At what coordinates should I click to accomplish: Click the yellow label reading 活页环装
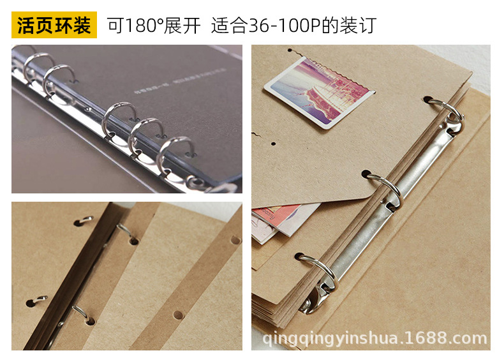(x=54, y=26)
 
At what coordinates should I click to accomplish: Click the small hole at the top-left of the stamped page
(x=290, y=50)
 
